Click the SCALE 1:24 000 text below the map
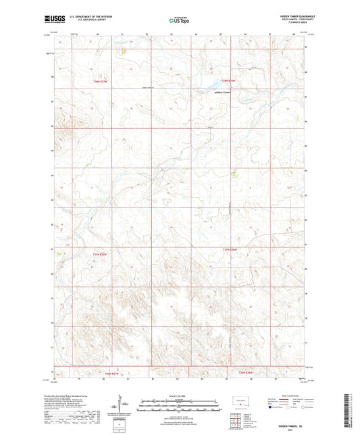[x=180, y=396]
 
